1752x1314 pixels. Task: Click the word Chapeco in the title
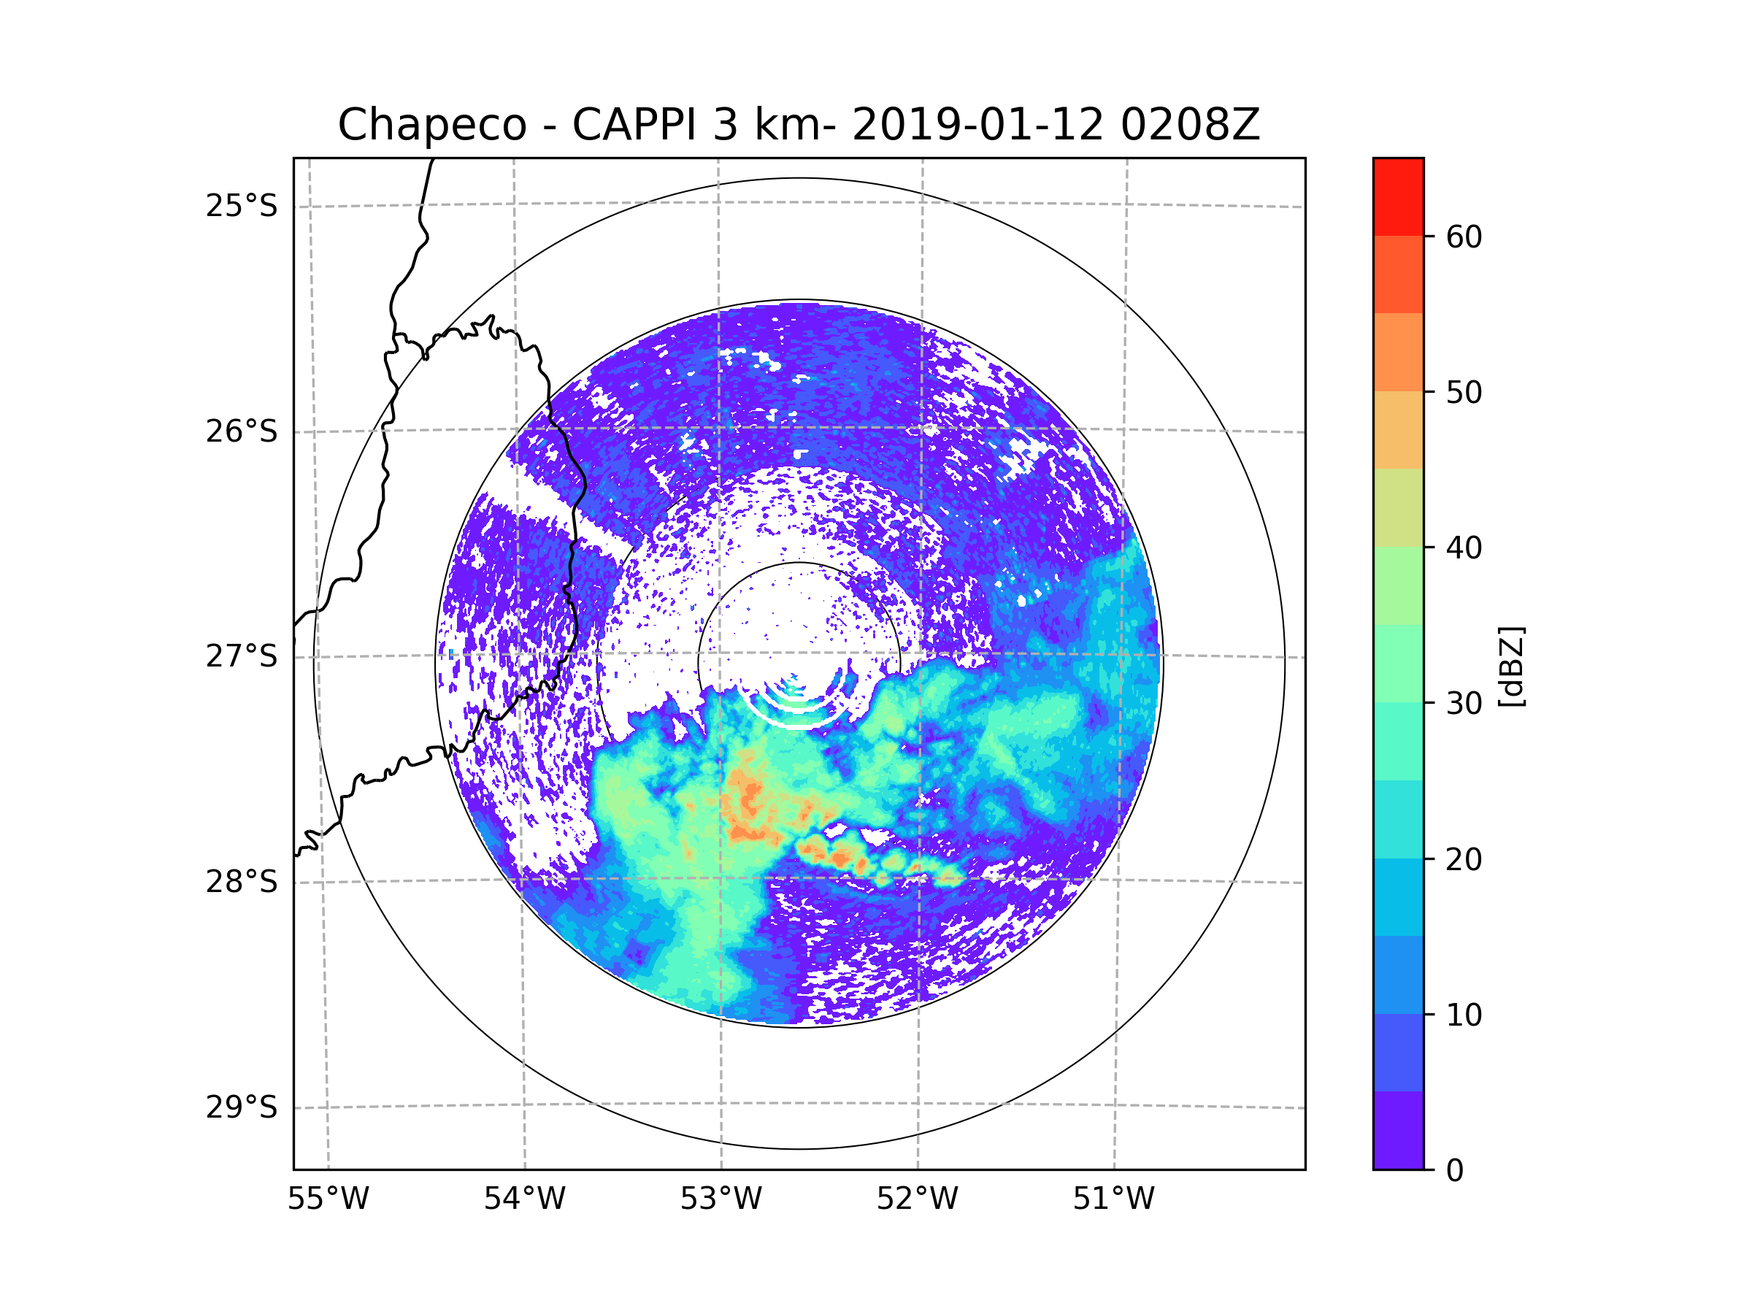[431, 125]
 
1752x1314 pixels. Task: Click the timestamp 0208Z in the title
[1190, 125]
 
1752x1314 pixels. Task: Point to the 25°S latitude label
[242, 206]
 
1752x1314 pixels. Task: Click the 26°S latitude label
[242, 431]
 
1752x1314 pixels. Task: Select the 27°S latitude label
[242, 656]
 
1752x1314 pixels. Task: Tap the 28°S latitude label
[242, 882]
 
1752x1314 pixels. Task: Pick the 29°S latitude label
[242, 1107]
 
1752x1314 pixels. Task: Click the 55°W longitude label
[328, 1199]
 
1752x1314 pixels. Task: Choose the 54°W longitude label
[524, 1199]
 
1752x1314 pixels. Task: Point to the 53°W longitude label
[721, 1199]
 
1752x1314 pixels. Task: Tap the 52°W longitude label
[917, 1199]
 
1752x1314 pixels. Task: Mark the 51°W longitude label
[1113, 1199]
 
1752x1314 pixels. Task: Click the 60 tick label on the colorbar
[1464, 237]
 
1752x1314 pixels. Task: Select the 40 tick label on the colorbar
[1464, 548]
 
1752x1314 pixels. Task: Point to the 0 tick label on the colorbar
[1455, 1171]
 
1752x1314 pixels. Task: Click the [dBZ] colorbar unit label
[1511, 666]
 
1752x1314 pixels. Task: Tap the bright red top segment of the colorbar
[1398, 196]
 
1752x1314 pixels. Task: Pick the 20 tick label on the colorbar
[1464, 859]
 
